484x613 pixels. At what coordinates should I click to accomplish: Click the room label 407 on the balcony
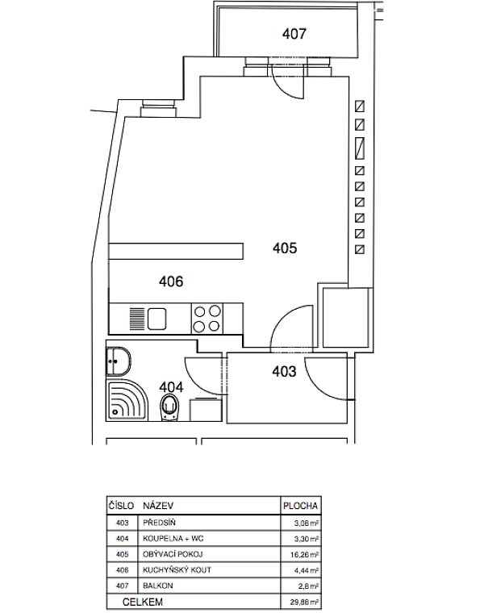(x=294, y=34)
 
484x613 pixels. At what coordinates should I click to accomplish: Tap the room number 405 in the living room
(x=285, y=248)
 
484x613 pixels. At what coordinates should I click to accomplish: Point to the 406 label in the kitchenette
(x=171, y=281)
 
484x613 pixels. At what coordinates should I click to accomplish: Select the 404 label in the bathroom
(x=171, y=387)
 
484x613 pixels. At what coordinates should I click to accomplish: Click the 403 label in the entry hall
(x=284, y=371)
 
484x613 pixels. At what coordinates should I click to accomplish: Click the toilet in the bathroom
(x=169, y=407)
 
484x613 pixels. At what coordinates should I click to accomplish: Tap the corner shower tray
(x=127, y=400)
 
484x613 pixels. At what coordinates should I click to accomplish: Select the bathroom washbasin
(x=119, y=361)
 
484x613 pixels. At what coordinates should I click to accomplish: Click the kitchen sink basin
(x=157, y=319)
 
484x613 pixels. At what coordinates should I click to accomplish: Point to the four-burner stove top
(x=207, y=319)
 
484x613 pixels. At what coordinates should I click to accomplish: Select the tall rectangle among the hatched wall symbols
(x=359, y=148)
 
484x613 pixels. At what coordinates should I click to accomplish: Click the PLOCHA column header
(x=300, y=506)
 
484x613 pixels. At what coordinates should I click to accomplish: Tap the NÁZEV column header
(x=158, y=506)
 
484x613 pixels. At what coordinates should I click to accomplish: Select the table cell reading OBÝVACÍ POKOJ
(x=173, y=554)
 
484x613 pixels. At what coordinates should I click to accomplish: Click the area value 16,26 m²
(x=306, y=555)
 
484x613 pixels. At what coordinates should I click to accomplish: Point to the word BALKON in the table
(x=157, y=586)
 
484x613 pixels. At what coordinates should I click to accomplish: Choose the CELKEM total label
(x=142, y=602)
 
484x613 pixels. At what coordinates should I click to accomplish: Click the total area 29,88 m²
(x=305, y=603)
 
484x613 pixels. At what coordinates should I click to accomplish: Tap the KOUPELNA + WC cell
(x=173, y=538)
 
